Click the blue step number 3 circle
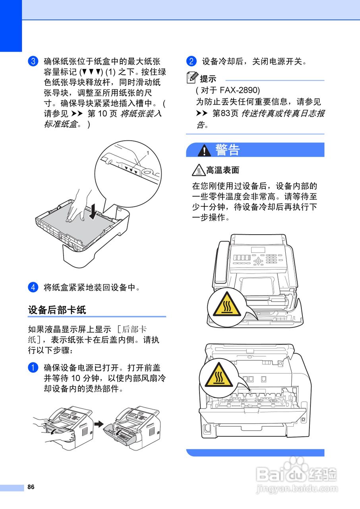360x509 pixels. tap(33, 61)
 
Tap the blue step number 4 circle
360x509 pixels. tap(33, 287)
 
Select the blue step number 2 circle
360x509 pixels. tap(192, 61)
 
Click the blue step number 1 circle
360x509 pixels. tap(33, 368)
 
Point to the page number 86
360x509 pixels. tap(31, 487)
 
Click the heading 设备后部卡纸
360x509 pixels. tap(57, 310)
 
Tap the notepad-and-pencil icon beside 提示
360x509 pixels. tap(192, 78)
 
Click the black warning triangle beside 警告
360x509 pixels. tap(204, 150)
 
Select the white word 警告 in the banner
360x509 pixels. tap(227, 150)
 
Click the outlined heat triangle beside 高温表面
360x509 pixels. tap(199, 170)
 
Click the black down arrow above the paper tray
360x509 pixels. tap(93, 212)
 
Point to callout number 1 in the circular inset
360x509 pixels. tap(148, 153)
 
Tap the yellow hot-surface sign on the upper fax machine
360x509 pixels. tap(227, 305)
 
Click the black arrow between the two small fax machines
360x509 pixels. tap(99, 424)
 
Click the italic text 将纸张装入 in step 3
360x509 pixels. tap(141, 113)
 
